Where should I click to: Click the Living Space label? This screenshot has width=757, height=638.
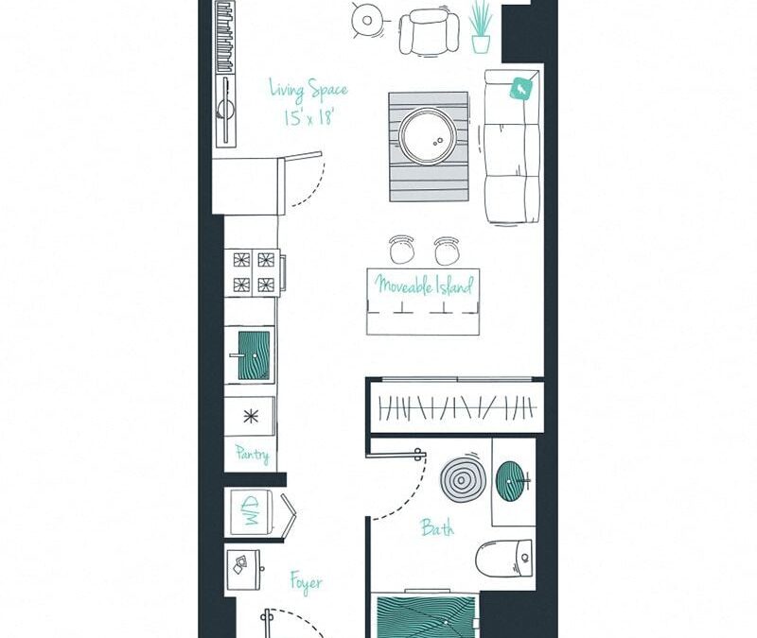(308, 92)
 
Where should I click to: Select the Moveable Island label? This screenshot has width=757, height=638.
(423, 285)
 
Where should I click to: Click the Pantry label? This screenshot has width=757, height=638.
(252, 455)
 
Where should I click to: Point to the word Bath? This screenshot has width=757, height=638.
(437, 527)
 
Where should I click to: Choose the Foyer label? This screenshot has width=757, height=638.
(306, 582)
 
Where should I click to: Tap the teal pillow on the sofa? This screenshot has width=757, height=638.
(521, 89)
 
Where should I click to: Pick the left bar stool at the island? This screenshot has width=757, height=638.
(402, 250)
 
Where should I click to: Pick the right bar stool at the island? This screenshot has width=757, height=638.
(447, 250)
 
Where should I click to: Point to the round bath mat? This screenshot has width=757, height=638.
(464, 479)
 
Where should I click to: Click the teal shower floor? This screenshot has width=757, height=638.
(425, 616)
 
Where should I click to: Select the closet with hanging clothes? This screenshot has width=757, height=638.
(455, 406)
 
